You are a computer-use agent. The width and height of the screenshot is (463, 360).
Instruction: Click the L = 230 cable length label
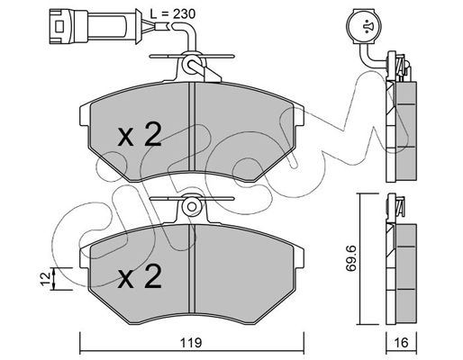(x=173, y=13)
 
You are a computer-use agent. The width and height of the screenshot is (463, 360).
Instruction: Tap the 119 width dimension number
(x=191, y=342)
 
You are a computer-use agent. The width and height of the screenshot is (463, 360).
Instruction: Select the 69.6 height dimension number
(x=350, y=258)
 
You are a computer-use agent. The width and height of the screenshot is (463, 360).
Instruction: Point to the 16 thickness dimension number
(x=401, y=342)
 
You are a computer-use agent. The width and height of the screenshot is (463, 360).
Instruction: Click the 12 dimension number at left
(x=46, y=279)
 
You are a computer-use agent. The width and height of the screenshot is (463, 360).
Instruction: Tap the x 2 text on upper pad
(x=140, y=135)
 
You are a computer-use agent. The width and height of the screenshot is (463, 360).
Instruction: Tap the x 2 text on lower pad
(x=140, y=276)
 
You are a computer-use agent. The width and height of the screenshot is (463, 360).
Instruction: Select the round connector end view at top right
(x=363, y=26)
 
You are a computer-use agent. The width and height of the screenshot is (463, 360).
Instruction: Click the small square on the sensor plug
(x=59, y=26)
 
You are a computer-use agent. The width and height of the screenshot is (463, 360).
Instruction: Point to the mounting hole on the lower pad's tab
(x=191, y=207)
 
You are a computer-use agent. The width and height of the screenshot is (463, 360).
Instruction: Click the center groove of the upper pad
(x=192, y=128)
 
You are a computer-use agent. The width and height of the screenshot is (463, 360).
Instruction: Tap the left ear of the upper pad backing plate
(x=85, y=115)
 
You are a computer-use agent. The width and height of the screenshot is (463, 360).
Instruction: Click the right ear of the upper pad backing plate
(x=298, y=115)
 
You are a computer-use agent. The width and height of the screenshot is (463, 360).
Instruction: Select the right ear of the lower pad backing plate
(x=298, y=256)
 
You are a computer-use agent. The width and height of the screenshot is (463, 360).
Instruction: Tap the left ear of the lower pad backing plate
(x=85, y=256)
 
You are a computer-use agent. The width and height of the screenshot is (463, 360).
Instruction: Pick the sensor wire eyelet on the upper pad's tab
(x=191, y=65)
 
